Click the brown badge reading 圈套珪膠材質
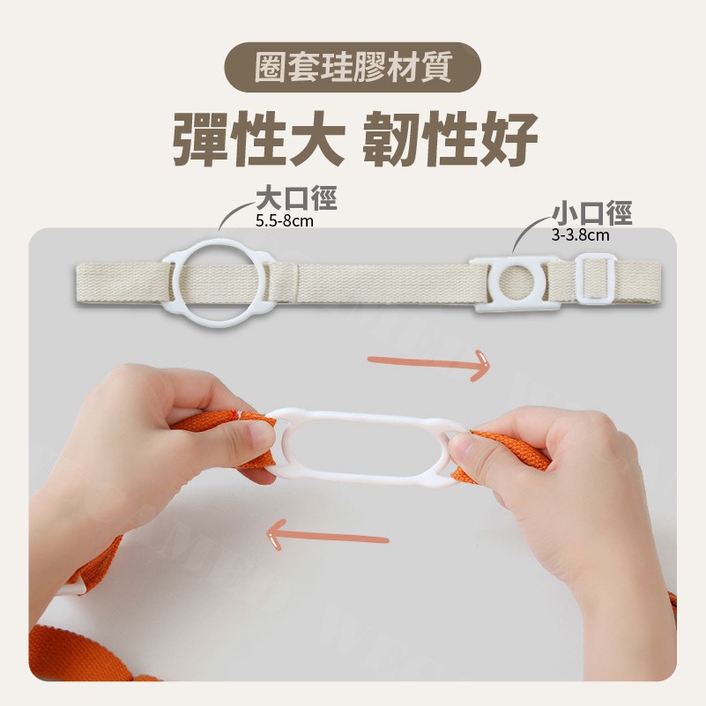click(x=353, y=67)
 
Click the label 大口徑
click(x=296, y=198)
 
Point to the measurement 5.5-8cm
click(x=285, y=221)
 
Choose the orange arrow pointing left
click(x=327, y=535)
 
